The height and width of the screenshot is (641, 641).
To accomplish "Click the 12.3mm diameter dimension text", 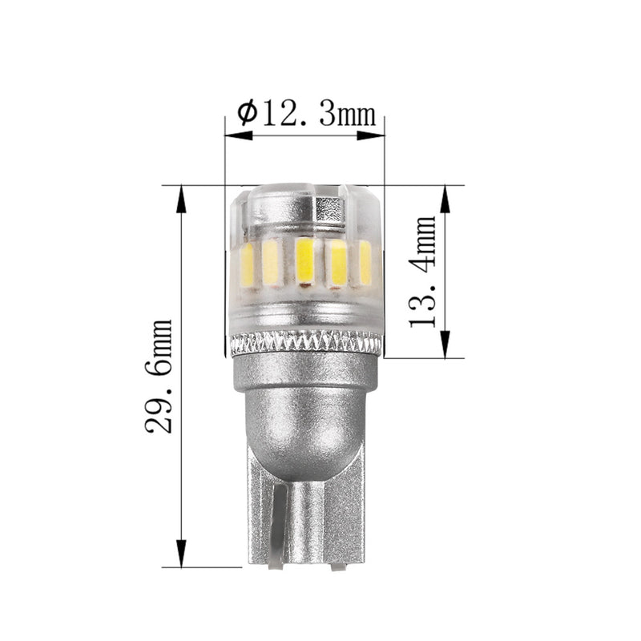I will pos(316,115).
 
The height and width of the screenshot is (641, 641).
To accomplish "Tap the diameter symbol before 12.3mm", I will pos(247,114).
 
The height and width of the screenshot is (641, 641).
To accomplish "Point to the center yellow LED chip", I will pos(304,260).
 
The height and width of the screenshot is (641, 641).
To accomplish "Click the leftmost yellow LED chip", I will pos(248,265).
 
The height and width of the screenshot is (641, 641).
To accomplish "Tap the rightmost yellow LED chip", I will pos(365,262).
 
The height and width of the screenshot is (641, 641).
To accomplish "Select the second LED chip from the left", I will pos(271,262).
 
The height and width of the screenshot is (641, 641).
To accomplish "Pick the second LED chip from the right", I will pos(337,262).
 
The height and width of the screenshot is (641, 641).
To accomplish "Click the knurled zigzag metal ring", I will pos(304,345).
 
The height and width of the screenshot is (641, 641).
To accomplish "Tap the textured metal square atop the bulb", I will pos(331,207).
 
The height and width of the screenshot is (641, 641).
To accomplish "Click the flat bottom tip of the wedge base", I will pos(304,563).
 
